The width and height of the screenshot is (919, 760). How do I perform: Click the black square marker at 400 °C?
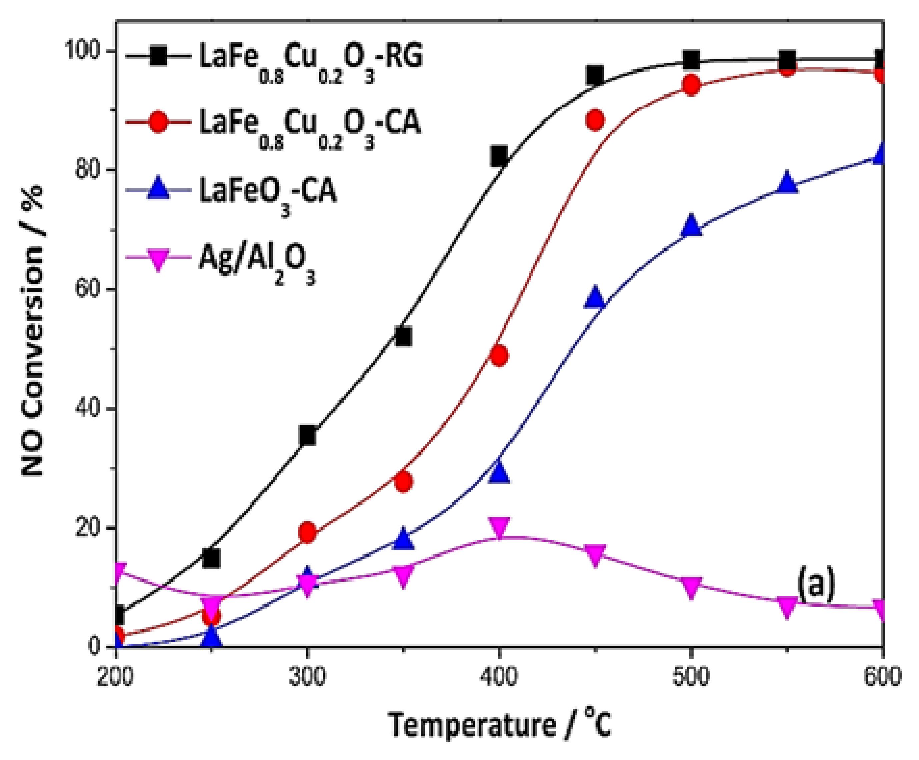pos(499,156)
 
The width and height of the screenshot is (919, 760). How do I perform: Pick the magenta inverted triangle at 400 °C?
pos(499,526)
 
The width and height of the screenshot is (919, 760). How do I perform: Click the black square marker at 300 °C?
pos(308,435)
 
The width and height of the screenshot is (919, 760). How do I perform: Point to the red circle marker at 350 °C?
pos(403,482)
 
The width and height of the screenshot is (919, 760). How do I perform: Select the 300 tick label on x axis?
pos(308,676)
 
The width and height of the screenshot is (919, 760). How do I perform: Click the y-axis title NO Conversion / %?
pos(33,333)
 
